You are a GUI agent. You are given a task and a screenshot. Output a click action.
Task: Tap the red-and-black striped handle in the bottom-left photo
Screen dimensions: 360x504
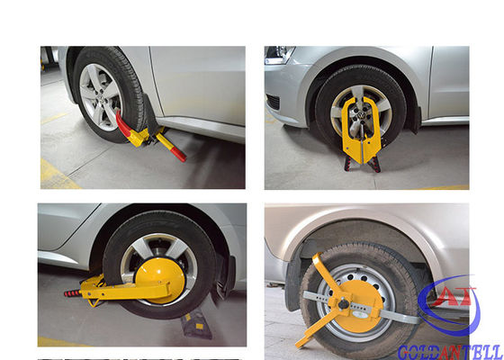pos(73,292)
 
